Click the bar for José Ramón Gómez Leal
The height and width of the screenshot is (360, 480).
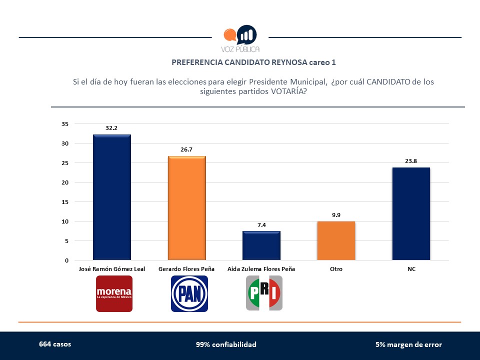click(112, 197)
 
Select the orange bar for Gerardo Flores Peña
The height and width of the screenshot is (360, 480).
click(186, 208)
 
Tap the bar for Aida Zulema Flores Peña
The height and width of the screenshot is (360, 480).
click(261, 245)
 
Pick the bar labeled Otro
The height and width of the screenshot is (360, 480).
click(336, 240)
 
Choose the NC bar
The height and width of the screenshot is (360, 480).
click(411, 213)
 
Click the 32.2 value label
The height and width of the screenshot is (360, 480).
click(111, 128)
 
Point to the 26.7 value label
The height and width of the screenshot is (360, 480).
click(186, 149)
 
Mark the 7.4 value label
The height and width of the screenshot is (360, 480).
click(261, 225)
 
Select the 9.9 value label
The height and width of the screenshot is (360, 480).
click(336, 215)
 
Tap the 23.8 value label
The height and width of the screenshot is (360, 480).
click(411, 160)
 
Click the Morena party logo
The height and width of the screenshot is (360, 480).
click(114, 293)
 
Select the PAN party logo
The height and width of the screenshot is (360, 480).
click(189, 293)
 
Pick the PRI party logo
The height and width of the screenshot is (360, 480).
click(264, 293)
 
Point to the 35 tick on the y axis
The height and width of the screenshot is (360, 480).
click(64, 124)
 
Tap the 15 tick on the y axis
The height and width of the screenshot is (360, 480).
click(64, 202)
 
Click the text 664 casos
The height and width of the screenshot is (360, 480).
click(55, 344)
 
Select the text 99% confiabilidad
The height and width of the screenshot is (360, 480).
click(226, 344)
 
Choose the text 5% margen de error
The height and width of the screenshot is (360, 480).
click(408, 344)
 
